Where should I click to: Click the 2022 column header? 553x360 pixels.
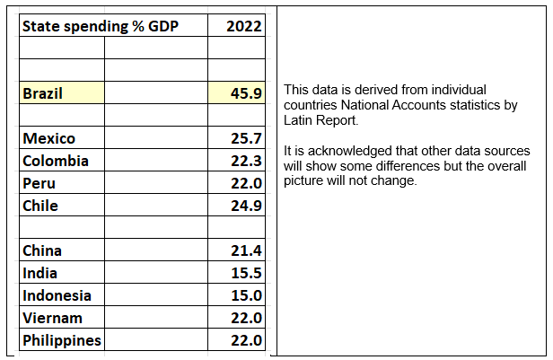[244, 26]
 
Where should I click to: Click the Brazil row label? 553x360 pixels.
[43, 92]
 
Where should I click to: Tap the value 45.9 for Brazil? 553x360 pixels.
[245, 92]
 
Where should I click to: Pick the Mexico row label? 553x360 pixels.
[49, 138]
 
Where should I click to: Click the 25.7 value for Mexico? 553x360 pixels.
[245, 138]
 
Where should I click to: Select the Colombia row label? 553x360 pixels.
[56, 161]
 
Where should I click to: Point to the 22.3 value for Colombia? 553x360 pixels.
[245, 161]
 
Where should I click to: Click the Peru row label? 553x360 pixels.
[39, 183]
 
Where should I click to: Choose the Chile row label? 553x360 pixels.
[40, 206]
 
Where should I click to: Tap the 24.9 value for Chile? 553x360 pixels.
[245, 206]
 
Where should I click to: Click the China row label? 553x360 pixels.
[42, 250]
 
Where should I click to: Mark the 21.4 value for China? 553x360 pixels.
[245, 250]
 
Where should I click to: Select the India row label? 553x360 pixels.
[40, 273]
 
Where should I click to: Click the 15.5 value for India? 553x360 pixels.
[245, 273]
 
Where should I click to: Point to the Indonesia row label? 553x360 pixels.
[57, 295]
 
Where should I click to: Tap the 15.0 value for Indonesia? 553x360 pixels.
[245, 295]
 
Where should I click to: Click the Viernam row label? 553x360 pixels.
[52, 318]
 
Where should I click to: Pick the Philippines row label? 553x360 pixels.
[62, 340]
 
